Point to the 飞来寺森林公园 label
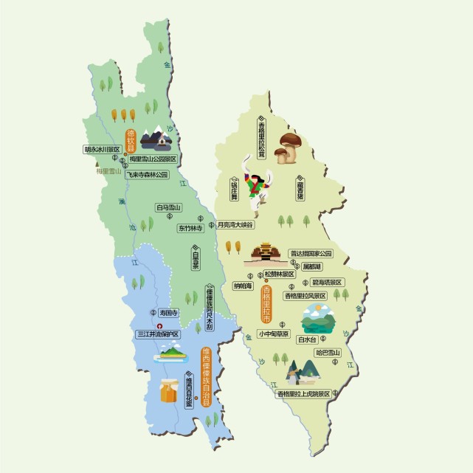[146, 175]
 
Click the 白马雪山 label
[169, 208]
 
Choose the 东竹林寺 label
[190, 229]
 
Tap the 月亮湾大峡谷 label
[235, 224]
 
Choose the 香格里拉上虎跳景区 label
[303, 394]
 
